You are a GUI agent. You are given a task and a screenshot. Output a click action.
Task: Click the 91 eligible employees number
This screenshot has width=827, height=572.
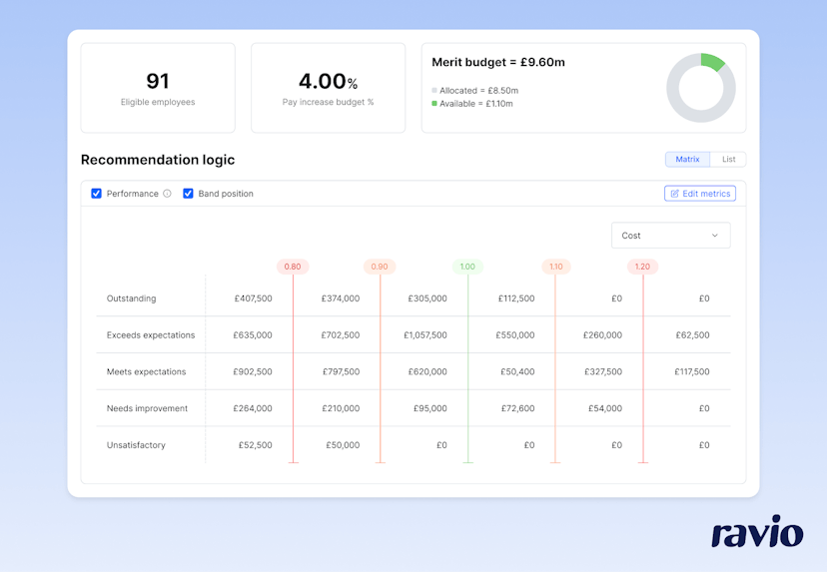[158, 81]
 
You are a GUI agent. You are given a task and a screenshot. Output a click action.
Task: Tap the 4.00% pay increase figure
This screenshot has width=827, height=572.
[328, 81]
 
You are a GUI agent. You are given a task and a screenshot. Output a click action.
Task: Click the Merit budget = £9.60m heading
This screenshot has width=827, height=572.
[497, 62]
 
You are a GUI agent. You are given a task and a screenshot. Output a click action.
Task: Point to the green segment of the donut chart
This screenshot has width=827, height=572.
[712, 61]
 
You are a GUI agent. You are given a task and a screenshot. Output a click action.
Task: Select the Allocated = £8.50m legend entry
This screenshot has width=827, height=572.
[478, 90]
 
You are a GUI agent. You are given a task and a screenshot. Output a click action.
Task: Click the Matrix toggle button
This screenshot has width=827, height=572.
[687, 159]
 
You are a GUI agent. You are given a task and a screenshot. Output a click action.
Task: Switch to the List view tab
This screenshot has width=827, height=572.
[728, 159]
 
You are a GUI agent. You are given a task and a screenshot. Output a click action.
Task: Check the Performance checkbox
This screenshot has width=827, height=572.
[97, 194]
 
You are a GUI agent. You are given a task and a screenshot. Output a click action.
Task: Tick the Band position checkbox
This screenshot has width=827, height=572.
[188, 194]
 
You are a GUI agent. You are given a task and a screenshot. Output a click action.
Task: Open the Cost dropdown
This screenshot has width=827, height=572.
[670, 236]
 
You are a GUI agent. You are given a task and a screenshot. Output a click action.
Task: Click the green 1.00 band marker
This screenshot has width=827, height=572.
[467, 267]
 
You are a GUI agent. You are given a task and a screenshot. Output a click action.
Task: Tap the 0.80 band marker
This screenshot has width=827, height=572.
[293, 267]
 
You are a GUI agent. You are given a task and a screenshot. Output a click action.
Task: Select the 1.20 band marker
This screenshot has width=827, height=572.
[642, 267]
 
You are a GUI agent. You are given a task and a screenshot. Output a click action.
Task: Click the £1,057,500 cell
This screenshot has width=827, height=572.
[425, 335]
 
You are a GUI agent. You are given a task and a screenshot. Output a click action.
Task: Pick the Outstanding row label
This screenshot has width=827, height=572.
[132, 298]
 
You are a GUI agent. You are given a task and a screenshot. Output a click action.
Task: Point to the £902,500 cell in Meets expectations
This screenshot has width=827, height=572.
[252, 371]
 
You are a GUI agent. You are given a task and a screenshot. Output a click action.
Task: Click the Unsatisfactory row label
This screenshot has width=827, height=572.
[136, 445]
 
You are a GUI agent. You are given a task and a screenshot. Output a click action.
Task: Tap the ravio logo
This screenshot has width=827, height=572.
[757, 532]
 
